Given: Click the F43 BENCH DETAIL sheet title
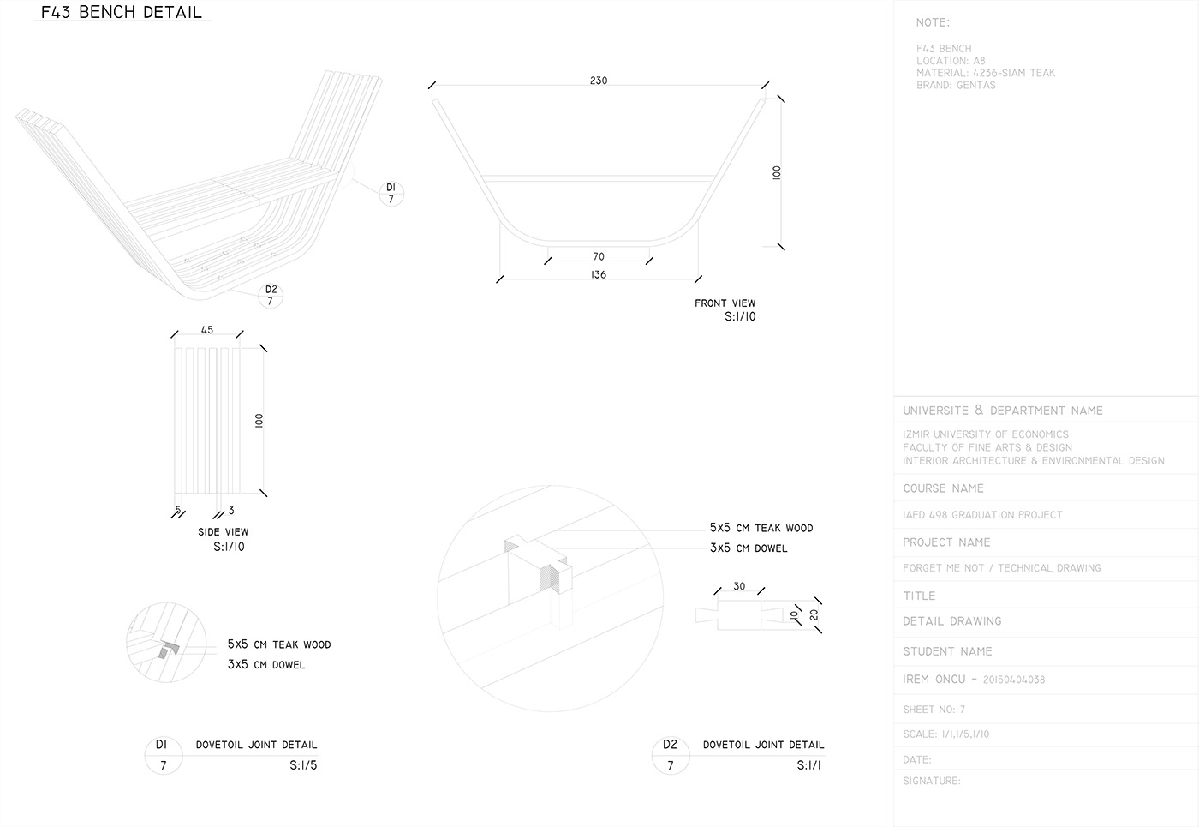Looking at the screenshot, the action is click(x=122, y=12).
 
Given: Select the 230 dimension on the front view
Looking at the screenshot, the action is click(x=599, y=81).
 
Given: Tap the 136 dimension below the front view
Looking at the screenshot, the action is click(x=599, y=274).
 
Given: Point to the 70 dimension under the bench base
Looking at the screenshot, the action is click(x=599, y=256).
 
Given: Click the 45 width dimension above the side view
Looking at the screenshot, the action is click(x=207, y=330).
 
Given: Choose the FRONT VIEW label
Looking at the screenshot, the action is click(x=725, y=303).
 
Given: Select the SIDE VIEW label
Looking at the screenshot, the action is click(x=223, y=532).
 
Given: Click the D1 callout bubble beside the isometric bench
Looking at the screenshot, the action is click(x=391, y=193).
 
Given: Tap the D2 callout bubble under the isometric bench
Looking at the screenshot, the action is click(x=271, y=295).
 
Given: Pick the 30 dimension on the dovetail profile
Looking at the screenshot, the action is click(x=739, y=587).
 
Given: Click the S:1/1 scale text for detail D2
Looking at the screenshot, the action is click(x=808, y=765).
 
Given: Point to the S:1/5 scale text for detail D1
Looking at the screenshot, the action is click(x=303, y=765).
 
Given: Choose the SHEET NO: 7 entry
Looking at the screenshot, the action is click(x=934, y=710).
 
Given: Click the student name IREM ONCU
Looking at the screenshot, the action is click(x=934, y=680).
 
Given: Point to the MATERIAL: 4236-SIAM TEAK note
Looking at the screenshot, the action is click(x=985, y=73).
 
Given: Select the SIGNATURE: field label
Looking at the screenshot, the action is click(x=932, y=781).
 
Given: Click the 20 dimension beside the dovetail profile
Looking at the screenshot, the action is click(x=814, y=614).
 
